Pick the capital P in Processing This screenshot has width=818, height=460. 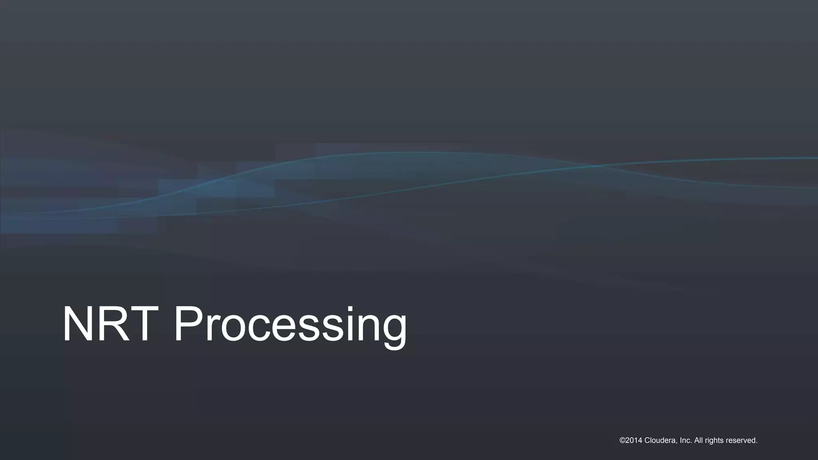coord(188,324)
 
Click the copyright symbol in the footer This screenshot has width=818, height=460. coord(622,440)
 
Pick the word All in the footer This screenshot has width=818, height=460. coord(699,440)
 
